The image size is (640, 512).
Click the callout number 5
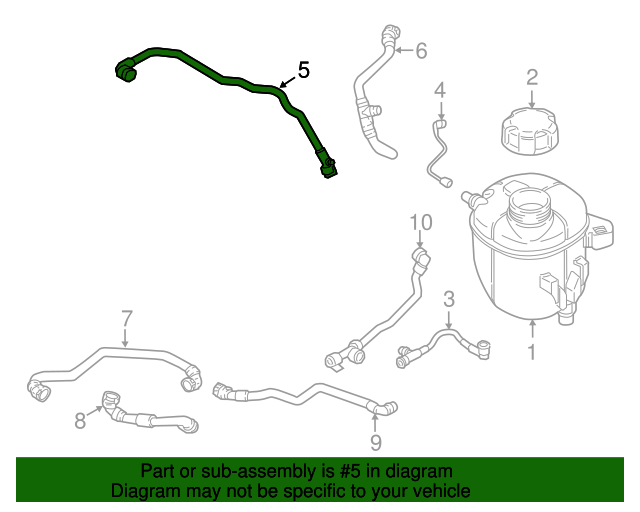[x=303, y=71]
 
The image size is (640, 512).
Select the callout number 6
[x=421, y=49]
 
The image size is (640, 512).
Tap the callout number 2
[x=532, y=76]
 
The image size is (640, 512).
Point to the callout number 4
[x=439, y=92]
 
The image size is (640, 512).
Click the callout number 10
[x=420, y=222]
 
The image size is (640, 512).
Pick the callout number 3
[x=449, y=298]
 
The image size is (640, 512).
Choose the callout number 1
[x=532, y=351]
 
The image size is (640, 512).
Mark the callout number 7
[x=127, y=319]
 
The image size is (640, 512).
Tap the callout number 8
[x=80, y=421]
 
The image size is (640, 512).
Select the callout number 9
[x=376, y=440]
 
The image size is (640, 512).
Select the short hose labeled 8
[x=150, y=416]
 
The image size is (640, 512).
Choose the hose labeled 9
[x=300, y=394]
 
